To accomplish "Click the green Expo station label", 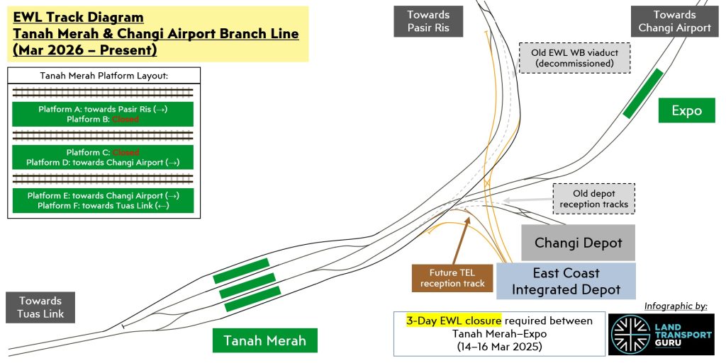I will (687, 110).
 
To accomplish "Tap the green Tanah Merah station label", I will (265, 340).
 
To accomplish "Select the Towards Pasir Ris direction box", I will (428, 21).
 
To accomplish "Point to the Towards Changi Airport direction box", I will (674, 21).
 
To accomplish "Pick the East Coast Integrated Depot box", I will (566, 281).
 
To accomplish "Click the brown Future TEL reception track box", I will (452, 278).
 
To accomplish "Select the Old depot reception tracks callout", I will (593, 199).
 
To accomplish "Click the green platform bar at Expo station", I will (643, 93).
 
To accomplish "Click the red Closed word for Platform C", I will (125, 152).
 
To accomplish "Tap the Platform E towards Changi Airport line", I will (103, 195).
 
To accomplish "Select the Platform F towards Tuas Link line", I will (103, 205).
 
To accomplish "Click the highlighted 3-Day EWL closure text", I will (454, 321).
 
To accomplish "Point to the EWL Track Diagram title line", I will (78, 17).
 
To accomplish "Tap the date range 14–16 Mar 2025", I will (499, 347).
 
